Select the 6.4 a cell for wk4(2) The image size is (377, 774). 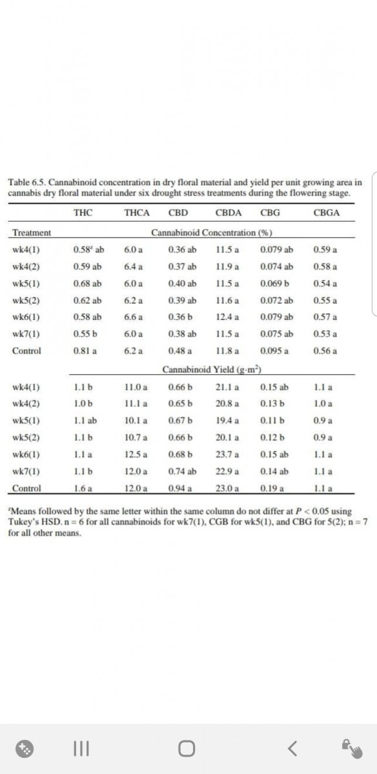(x=133, y=266)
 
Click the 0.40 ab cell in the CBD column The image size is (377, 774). (x=181, y=284)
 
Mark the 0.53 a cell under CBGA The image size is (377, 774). (x=323, y=334)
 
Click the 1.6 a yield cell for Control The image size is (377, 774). (x=83, y=488)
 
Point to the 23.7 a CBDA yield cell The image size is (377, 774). (x=227, y=455)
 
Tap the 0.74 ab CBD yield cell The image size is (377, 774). (x=181, y=471)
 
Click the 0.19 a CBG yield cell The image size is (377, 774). (x=274, y=488)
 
